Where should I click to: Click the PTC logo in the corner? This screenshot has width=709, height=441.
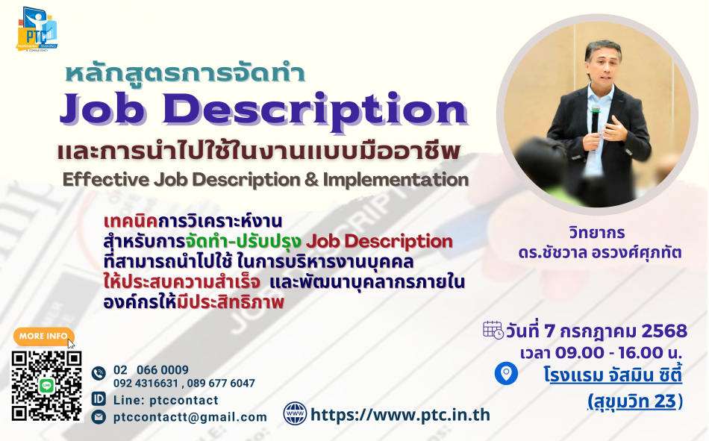[x=37, y=29]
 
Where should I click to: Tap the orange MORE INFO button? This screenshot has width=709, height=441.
[x=43, y=336]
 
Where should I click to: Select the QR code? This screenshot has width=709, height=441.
[x=46, y=386]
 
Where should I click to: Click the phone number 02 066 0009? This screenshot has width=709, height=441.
[x=151, y=370]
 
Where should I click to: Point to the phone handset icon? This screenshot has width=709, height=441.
[x=99, y=373]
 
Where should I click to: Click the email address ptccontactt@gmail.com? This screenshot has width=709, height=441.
[x=190, y=417]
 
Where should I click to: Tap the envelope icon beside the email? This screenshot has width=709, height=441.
[x=99, y=416]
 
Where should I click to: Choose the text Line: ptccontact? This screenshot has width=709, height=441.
[x=166, y=400]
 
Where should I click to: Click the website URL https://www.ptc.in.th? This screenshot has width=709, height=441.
[x=400, y=415]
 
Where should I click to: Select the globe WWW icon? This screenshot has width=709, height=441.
[x=295, y=413]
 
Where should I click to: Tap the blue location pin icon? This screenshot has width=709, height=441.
[x=506, y=374]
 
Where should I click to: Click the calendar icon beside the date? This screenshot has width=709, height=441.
[x=493, y=330]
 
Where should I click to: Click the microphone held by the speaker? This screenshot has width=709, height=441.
[x=595, y=119]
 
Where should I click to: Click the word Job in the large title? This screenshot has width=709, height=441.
[x=103, y=109]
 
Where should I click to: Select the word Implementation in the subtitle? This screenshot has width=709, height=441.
[x=396, y=180]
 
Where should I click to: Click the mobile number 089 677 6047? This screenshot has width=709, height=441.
[x=221, y=384]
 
